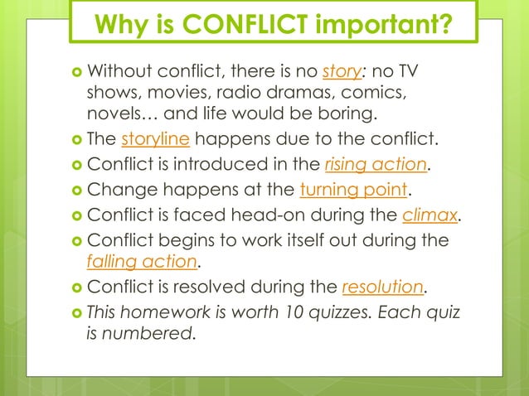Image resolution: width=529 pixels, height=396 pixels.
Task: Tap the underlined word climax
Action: [x=429, y=217]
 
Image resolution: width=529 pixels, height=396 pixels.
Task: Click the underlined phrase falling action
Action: [x=142, y=263]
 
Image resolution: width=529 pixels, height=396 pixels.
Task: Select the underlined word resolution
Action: [x=382, y=288]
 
